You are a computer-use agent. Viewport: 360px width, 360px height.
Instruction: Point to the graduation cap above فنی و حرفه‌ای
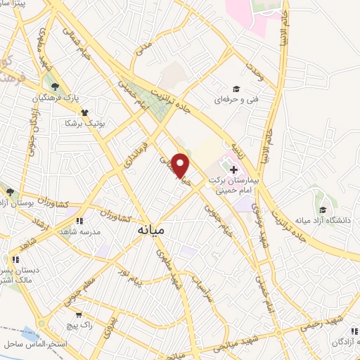(237, 89)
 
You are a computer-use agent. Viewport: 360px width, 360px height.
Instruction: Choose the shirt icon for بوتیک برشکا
(84, 112)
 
